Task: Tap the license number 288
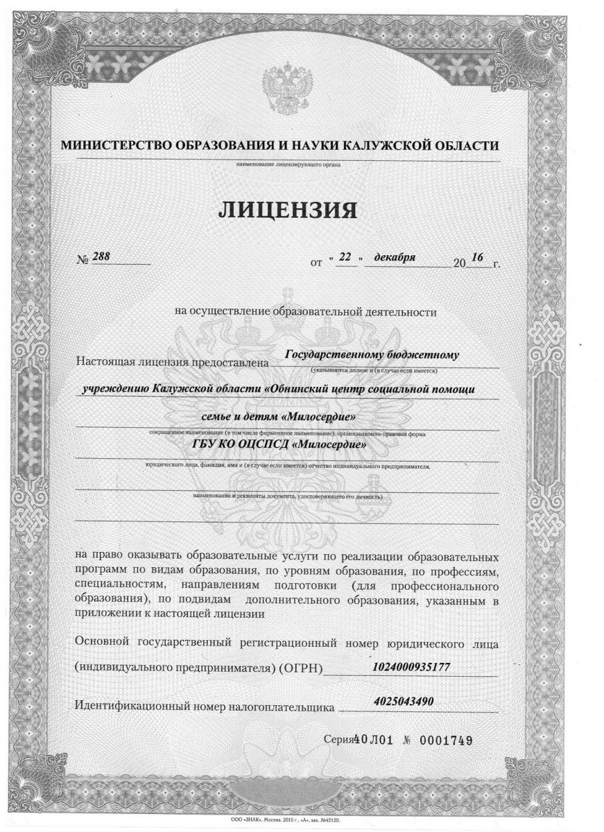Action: click(102, 257)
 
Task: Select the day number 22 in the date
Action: click(346, 257)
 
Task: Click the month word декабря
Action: click(395, 257)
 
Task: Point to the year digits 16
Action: click(476, 258)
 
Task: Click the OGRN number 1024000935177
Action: click(412, 666)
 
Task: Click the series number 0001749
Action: click(444, 741)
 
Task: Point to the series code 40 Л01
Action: click(374, 741)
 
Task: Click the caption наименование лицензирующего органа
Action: click(288, 165)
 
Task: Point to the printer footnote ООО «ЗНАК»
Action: click(247, 819)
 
